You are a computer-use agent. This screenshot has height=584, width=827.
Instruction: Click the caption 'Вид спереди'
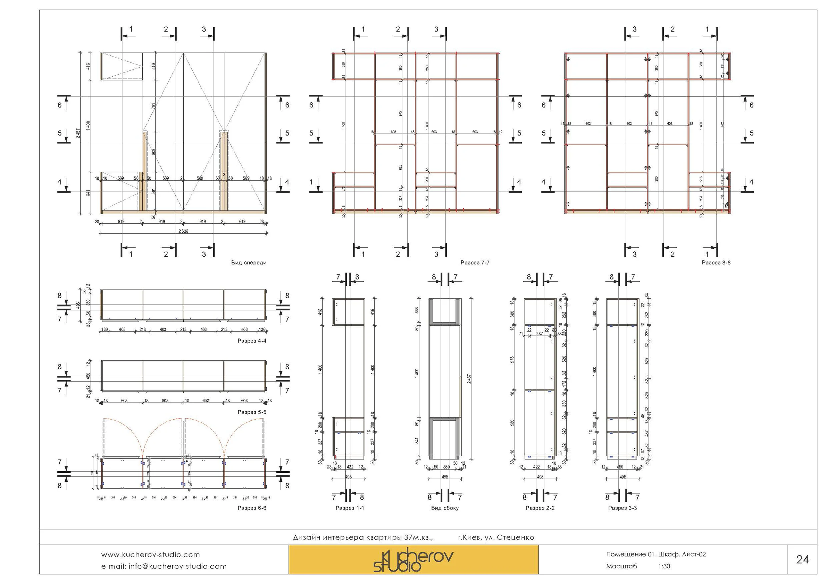pos(249,263)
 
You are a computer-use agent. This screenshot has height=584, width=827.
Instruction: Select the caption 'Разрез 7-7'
pos(475,263)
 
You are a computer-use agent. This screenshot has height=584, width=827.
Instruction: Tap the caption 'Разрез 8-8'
pos(716,263)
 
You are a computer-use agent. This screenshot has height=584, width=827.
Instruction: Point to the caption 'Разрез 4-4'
pos(252,341)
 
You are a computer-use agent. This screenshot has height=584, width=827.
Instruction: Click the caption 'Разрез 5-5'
pos(252,412)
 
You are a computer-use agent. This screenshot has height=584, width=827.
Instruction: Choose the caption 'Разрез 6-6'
pos(252,508)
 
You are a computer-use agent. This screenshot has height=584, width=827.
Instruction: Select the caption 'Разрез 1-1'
pos(349,508)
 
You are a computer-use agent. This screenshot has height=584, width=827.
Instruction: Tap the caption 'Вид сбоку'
pos(445,508)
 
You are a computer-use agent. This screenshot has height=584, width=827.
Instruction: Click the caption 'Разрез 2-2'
pos(540,508)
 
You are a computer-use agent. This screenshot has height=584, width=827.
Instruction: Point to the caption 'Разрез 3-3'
pos(623,508)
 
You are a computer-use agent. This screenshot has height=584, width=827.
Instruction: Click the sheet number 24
pos(802,559)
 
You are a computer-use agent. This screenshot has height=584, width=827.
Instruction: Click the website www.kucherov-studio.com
pos(150,555)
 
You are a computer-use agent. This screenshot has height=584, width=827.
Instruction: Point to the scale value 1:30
pos(664,566)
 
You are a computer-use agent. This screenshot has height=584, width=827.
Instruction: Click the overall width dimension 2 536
pos(183,231)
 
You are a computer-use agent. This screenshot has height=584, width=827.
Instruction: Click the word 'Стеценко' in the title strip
pos(516,538)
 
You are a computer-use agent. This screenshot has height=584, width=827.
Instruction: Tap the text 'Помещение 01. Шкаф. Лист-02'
pos(655,555)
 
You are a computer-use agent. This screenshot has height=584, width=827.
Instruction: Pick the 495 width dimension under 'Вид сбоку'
pos(445,477)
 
